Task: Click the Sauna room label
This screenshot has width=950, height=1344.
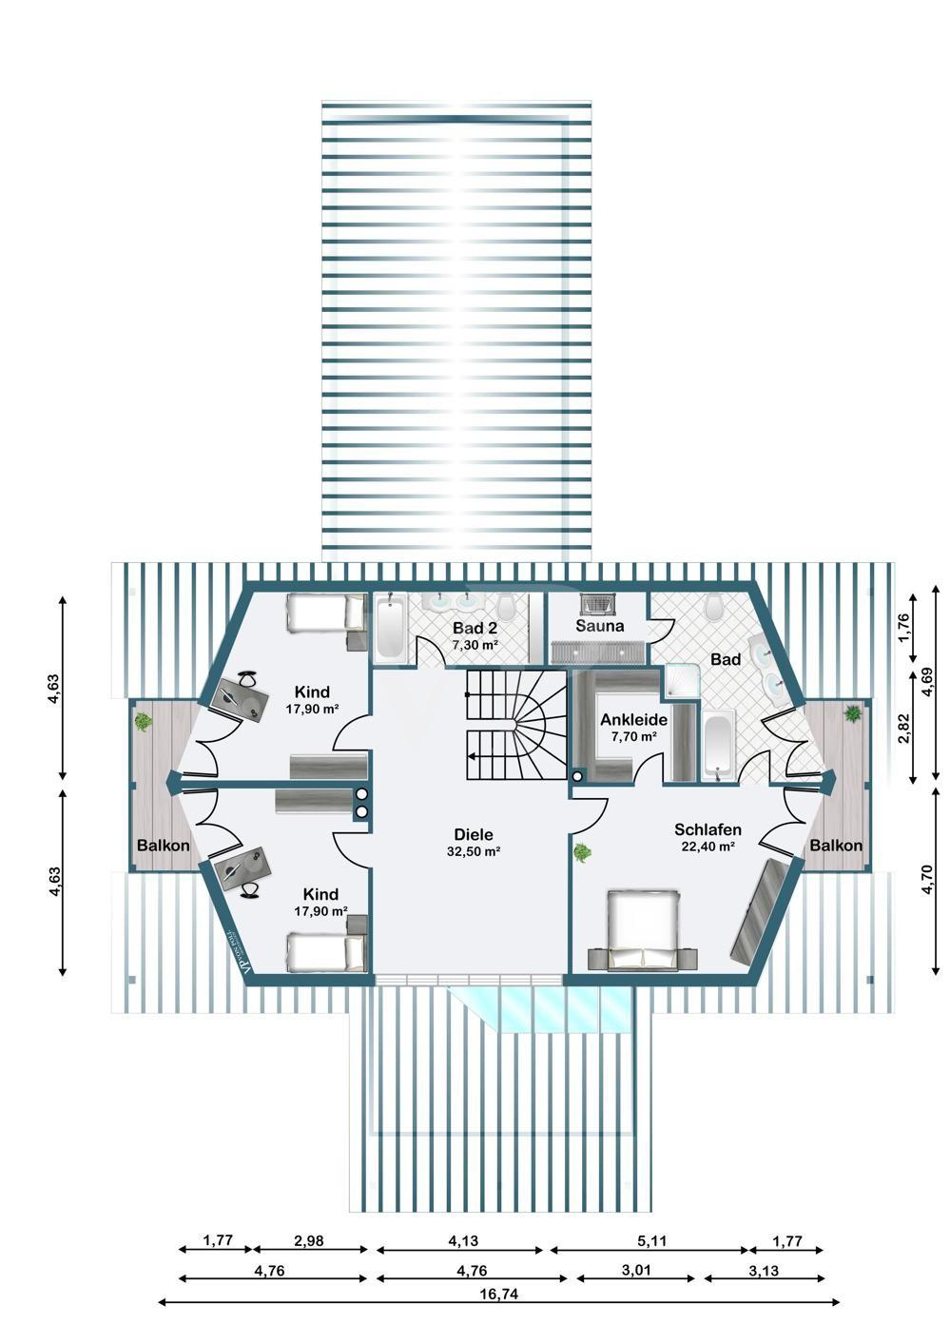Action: (599, 626)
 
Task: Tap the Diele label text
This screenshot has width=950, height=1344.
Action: (473, 834)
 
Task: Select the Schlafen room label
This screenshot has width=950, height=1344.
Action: (708, 829)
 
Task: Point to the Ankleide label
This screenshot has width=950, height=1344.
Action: (633, 720)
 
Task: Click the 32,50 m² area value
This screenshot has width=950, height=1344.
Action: (474, 852)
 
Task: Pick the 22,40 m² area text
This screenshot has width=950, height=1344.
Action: (708, 847)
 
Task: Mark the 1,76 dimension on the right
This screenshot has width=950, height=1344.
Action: (903, 626)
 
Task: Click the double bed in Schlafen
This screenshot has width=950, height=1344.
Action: (643, 927)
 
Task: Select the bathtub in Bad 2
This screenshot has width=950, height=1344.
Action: (390, 628)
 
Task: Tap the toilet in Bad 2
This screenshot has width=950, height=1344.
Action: (507, 605)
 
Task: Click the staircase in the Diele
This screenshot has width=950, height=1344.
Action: (514, 725)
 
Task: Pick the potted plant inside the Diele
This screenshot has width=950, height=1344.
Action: (581, 853)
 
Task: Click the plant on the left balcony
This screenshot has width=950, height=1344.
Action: (143, 721)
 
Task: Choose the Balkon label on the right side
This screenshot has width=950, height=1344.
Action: (836, 846)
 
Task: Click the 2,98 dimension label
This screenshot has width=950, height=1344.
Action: (309, 1241)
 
